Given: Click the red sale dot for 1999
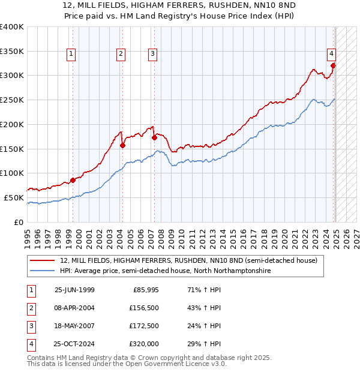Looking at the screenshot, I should coord(73,179).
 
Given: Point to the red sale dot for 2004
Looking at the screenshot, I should coord(122,145).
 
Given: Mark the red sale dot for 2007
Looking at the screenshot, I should coord(154,137).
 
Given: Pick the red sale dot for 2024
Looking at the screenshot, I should coord(334,65).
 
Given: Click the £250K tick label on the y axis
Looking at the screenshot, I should coord(12,100).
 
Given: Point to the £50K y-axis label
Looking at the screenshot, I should coord(14,197).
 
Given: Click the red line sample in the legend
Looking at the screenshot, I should coord(43,260).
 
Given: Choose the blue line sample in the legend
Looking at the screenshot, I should coord(43,271).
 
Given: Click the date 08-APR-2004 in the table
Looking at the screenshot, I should coord(74,308).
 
